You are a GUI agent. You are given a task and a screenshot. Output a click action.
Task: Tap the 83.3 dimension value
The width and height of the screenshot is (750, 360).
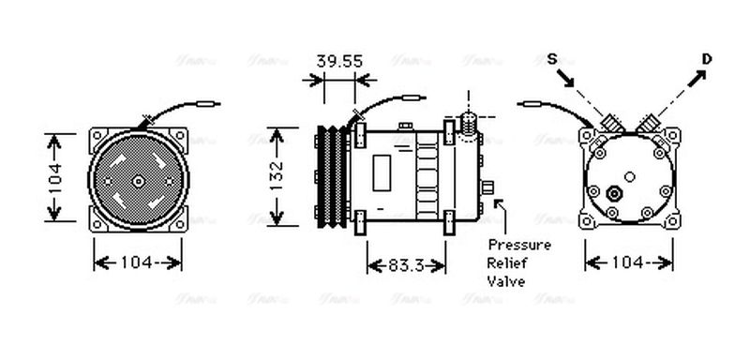[404, 266]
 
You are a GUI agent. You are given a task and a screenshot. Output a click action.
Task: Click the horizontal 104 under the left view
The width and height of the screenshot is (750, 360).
[137, 262]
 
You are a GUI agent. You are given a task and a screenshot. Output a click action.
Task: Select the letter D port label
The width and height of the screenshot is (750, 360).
[707, 59]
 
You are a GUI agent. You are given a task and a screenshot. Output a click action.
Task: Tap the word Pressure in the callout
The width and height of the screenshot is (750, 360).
[518, 246]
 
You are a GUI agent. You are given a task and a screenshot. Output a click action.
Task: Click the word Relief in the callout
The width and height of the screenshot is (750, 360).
[509, 263]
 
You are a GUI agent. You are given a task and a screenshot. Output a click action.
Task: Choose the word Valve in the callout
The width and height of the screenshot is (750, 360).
[506, 281]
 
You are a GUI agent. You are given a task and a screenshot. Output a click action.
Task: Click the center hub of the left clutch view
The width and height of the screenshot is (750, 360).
[137, 182]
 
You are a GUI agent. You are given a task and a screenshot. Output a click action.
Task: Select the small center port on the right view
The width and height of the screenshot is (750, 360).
[615, 194]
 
